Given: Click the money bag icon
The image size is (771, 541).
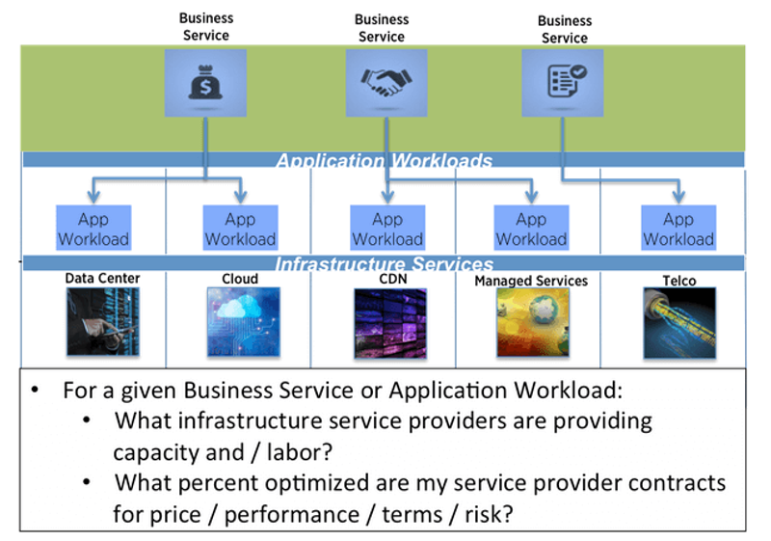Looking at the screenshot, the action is (x=205, y=82).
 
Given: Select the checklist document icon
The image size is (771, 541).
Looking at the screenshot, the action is (x=567, y=80).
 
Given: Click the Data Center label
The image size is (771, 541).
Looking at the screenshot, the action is (x=102, y=278).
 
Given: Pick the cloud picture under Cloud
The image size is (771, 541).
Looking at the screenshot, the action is (x=244, y=322).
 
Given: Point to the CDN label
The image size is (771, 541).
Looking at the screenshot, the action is (x=393, y=279).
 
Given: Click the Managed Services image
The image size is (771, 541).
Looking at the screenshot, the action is (x=533, y=322).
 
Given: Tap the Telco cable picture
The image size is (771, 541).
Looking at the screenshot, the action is (x=679, y=323).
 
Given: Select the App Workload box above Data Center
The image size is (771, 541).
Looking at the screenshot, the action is (x=93, y=228).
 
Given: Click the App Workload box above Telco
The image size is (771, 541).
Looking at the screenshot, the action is (x=678, y=228).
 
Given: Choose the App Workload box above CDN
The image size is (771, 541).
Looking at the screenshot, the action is (x=387, y=228).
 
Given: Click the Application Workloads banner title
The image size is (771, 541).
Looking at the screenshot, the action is (x=384, y=160).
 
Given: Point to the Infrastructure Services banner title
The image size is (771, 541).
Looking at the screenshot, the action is (x=384, y=264).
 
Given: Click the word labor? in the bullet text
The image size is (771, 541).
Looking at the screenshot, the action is (x=300, y=452).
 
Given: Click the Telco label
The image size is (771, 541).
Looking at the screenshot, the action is (x=679, y=281).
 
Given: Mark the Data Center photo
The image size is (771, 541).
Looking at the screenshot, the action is (x=103, y=322).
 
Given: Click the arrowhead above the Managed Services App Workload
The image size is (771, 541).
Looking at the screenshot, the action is (x=531, y=198).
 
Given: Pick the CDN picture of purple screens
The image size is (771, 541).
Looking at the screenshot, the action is (x=390, y=323).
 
